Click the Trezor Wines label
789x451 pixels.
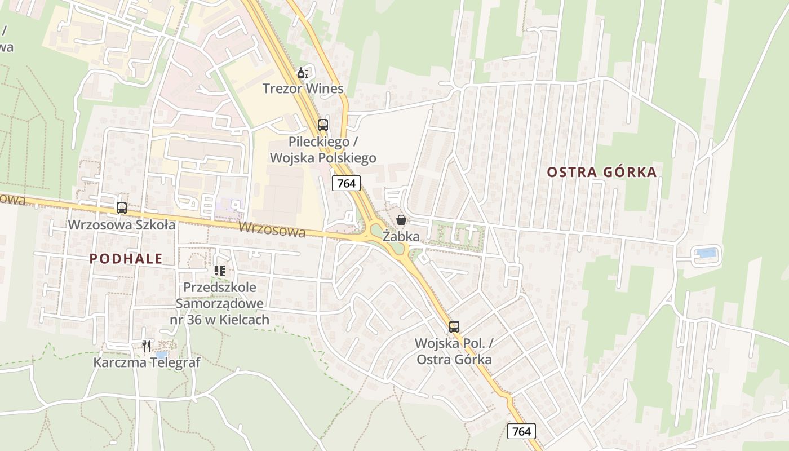pos(303,89)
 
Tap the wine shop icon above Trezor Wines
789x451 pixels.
pos(303,73)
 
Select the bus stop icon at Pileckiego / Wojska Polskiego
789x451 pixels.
pos(323,125)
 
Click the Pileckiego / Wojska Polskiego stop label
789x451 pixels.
pos(323,149)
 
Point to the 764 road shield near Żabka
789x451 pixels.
pos(346,183)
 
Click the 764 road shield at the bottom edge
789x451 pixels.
pos(521,431)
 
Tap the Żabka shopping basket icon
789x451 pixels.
pos(401,220)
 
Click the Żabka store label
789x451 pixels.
pos(401,236)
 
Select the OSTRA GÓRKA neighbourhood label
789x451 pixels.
pos(602,172)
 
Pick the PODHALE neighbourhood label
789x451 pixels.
pos(126,259)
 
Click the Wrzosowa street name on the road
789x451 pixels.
pos(272,229)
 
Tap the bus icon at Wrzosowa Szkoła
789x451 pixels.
pos(122,208)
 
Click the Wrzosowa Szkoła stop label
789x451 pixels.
pos(122,224)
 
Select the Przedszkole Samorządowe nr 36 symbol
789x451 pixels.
pos(220,271)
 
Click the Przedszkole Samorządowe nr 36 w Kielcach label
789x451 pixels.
pos(220,303)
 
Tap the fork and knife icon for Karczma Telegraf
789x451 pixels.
pos(147,346)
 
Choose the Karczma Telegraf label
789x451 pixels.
pos(147,362)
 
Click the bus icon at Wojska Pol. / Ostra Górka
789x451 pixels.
pos(454,327)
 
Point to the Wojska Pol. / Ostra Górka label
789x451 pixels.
pos(454,351)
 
